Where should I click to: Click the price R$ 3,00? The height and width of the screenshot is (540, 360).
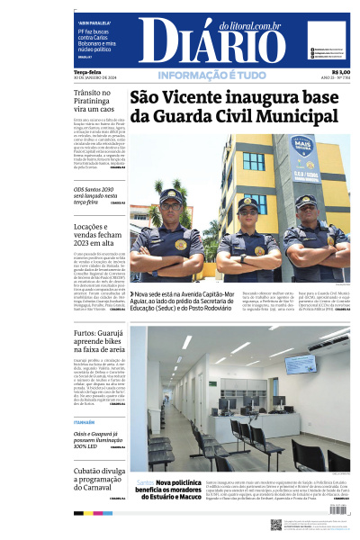point(340,72)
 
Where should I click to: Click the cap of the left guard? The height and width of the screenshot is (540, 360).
point(171,195)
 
